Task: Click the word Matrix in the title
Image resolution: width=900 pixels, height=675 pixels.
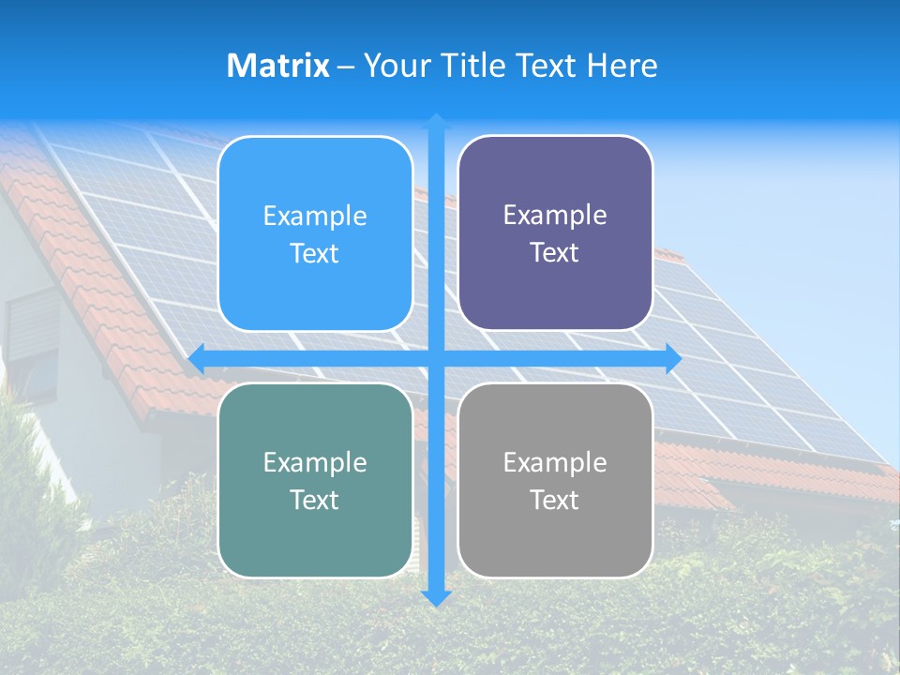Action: [x=278, y=66]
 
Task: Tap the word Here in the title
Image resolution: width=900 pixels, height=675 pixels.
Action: [x=622, y=66]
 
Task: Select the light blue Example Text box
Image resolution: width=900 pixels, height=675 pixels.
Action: [x=315, y=234]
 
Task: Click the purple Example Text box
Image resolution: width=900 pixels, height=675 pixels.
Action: [x=555, y=233]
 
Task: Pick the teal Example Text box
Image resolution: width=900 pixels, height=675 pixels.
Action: [x=315, y=480]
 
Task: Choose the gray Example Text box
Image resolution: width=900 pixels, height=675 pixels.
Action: [x=555, y=480]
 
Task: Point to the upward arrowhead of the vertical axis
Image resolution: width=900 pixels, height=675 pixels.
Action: [x=436, y=121]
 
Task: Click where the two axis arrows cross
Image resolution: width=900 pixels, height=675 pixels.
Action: [x=436, y=358]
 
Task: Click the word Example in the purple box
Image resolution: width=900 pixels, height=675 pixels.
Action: [x=555, y=216]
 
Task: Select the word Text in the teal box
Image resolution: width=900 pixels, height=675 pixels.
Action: [x=315, y=500]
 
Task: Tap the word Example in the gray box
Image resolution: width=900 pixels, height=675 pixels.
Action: [x=555, y=462]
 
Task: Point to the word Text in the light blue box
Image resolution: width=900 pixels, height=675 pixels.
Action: [x=315, y=254]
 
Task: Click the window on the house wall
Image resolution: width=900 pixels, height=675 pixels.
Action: [x=32, y=347]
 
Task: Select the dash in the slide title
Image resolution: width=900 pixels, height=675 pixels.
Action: [x=346, y=67]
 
